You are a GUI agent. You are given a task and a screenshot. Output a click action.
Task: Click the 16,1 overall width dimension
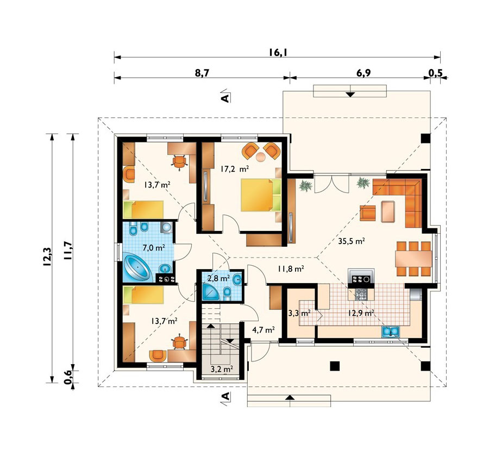tap(278, 52)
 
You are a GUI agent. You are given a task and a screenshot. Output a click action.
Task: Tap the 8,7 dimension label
tap(202, 73)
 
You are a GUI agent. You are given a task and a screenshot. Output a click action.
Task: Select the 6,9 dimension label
tap(363, 73)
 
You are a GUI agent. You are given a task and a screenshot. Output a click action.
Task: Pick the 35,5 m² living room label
tap(352, 241)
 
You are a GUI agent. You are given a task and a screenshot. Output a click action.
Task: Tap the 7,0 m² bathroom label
tap(154, 248)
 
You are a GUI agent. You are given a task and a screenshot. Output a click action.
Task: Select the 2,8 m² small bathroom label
tap(219, 278)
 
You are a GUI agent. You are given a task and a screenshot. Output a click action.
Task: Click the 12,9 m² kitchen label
tap(363, 313)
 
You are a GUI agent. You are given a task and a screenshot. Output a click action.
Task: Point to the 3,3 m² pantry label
tap(299, 313)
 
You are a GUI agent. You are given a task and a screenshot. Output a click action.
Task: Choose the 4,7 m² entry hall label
tap(263, 329)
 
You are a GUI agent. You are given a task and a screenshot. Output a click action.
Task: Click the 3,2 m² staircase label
tap(222, 370)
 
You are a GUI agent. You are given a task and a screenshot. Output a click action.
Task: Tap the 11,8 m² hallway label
tap(291, 269)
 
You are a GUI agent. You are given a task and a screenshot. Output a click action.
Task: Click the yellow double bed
tap(261, 195)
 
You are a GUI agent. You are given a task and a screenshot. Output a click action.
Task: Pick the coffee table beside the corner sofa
tap(388, 211)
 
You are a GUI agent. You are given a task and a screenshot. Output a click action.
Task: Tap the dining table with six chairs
tap(413, 258)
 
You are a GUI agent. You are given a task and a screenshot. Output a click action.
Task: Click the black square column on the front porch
tap(335, 366)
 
